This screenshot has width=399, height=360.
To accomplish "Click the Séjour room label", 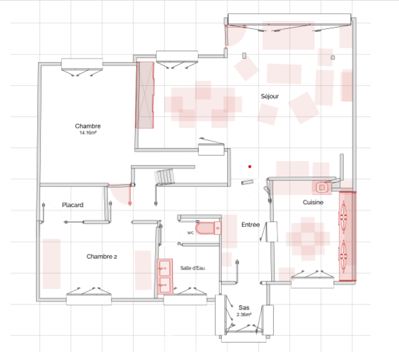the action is pyautogui.click(x=270, y=96).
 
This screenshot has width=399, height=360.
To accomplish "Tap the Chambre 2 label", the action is pyautogui.click(x=101, y=256).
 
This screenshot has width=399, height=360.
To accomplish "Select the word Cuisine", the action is pyautogui.click(x=313, y=202).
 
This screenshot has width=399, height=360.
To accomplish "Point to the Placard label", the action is pyautogui.click(x=73, y=205).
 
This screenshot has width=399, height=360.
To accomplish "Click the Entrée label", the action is pyautogui.click(x=250, y=224).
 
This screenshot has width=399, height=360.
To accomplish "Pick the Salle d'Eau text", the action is pyautogui.click(x=192, y=268).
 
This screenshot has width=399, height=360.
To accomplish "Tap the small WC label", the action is pyautogui.click(x=190, y=233).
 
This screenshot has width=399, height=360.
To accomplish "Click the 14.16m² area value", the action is pyautogui.click(x=88, y=133).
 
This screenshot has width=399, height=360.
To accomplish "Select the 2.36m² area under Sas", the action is pyautogui.click(x=244, y=314).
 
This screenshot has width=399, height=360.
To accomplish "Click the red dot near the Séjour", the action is pyautogui.click(x=250, y=167).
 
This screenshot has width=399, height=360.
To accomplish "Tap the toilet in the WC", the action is pyautogui.click(x=208, y=228).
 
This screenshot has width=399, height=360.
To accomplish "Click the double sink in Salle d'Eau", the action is pyautogui.click(x=165, y=276).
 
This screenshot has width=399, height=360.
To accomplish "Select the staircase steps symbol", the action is pyautogui.click(x=165, y=176).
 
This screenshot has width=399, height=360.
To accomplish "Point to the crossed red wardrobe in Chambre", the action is pyautogui.click(x=145, y=95).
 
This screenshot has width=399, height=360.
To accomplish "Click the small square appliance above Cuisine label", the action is pyautogui.click(x=322, y=188).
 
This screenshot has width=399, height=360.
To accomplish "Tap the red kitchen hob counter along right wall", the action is pyautogui.click(x=347, y=236).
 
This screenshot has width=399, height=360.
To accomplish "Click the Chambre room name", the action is pyautogui.click(x=88, y=126).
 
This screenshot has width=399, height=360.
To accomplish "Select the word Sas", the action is pyautogui.click(x=244, y=307).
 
